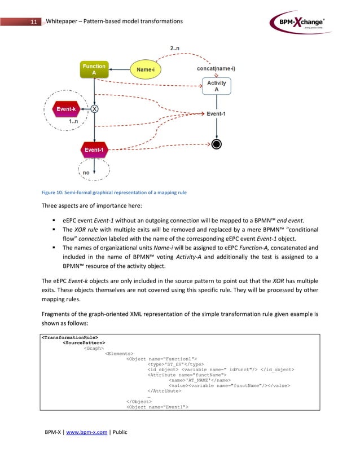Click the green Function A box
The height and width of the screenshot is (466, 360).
tap(94, 70)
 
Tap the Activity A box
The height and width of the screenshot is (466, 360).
tap(216, 86)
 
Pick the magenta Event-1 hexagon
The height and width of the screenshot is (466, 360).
tap(94, 150)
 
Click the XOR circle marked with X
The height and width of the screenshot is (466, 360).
tap(94, 109)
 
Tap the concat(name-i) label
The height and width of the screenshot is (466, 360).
tap(216, 69)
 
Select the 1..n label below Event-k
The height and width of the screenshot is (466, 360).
tap(73, 121)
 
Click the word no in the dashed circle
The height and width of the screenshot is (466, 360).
tap(86, 173)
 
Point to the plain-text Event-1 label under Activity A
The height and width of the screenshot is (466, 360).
tap(216, 113)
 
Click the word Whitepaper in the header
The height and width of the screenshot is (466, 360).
tap(66, 21)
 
